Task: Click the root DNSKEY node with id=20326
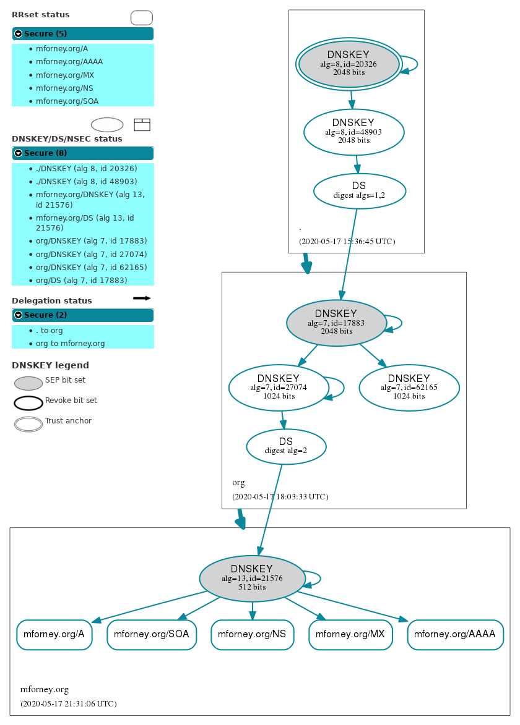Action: [349, 64]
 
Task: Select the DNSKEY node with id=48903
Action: [353, 132]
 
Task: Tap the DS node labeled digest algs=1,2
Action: [360, 190]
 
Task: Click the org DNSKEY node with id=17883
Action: [336, 323]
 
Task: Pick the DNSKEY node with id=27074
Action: [278, 388]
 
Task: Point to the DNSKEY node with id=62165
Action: [409, 388]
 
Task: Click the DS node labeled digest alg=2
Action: [285, 446]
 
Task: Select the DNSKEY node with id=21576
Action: [252, 579]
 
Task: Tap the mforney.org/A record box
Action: [54, 634]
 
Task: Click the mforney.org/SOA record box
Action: [152, 634]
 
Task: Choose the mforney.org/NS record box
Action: [252, 634]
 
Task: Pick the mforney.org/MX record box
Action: [350, 634]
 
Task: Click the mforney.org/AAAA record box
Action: [455, 634]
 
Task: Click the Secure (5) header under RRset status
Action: [82, 34]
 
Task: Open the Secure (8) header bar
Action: [82, 153]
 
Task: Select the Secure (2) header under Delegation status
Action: [82, 315]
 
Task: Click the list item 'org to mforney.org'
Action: [70, 344]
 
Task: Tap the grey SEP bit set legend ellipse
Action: [28, 383]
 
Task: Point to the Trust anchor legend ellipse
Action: [28, 424]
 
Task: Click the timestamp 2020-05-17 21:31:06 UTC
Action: [68, 703]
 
